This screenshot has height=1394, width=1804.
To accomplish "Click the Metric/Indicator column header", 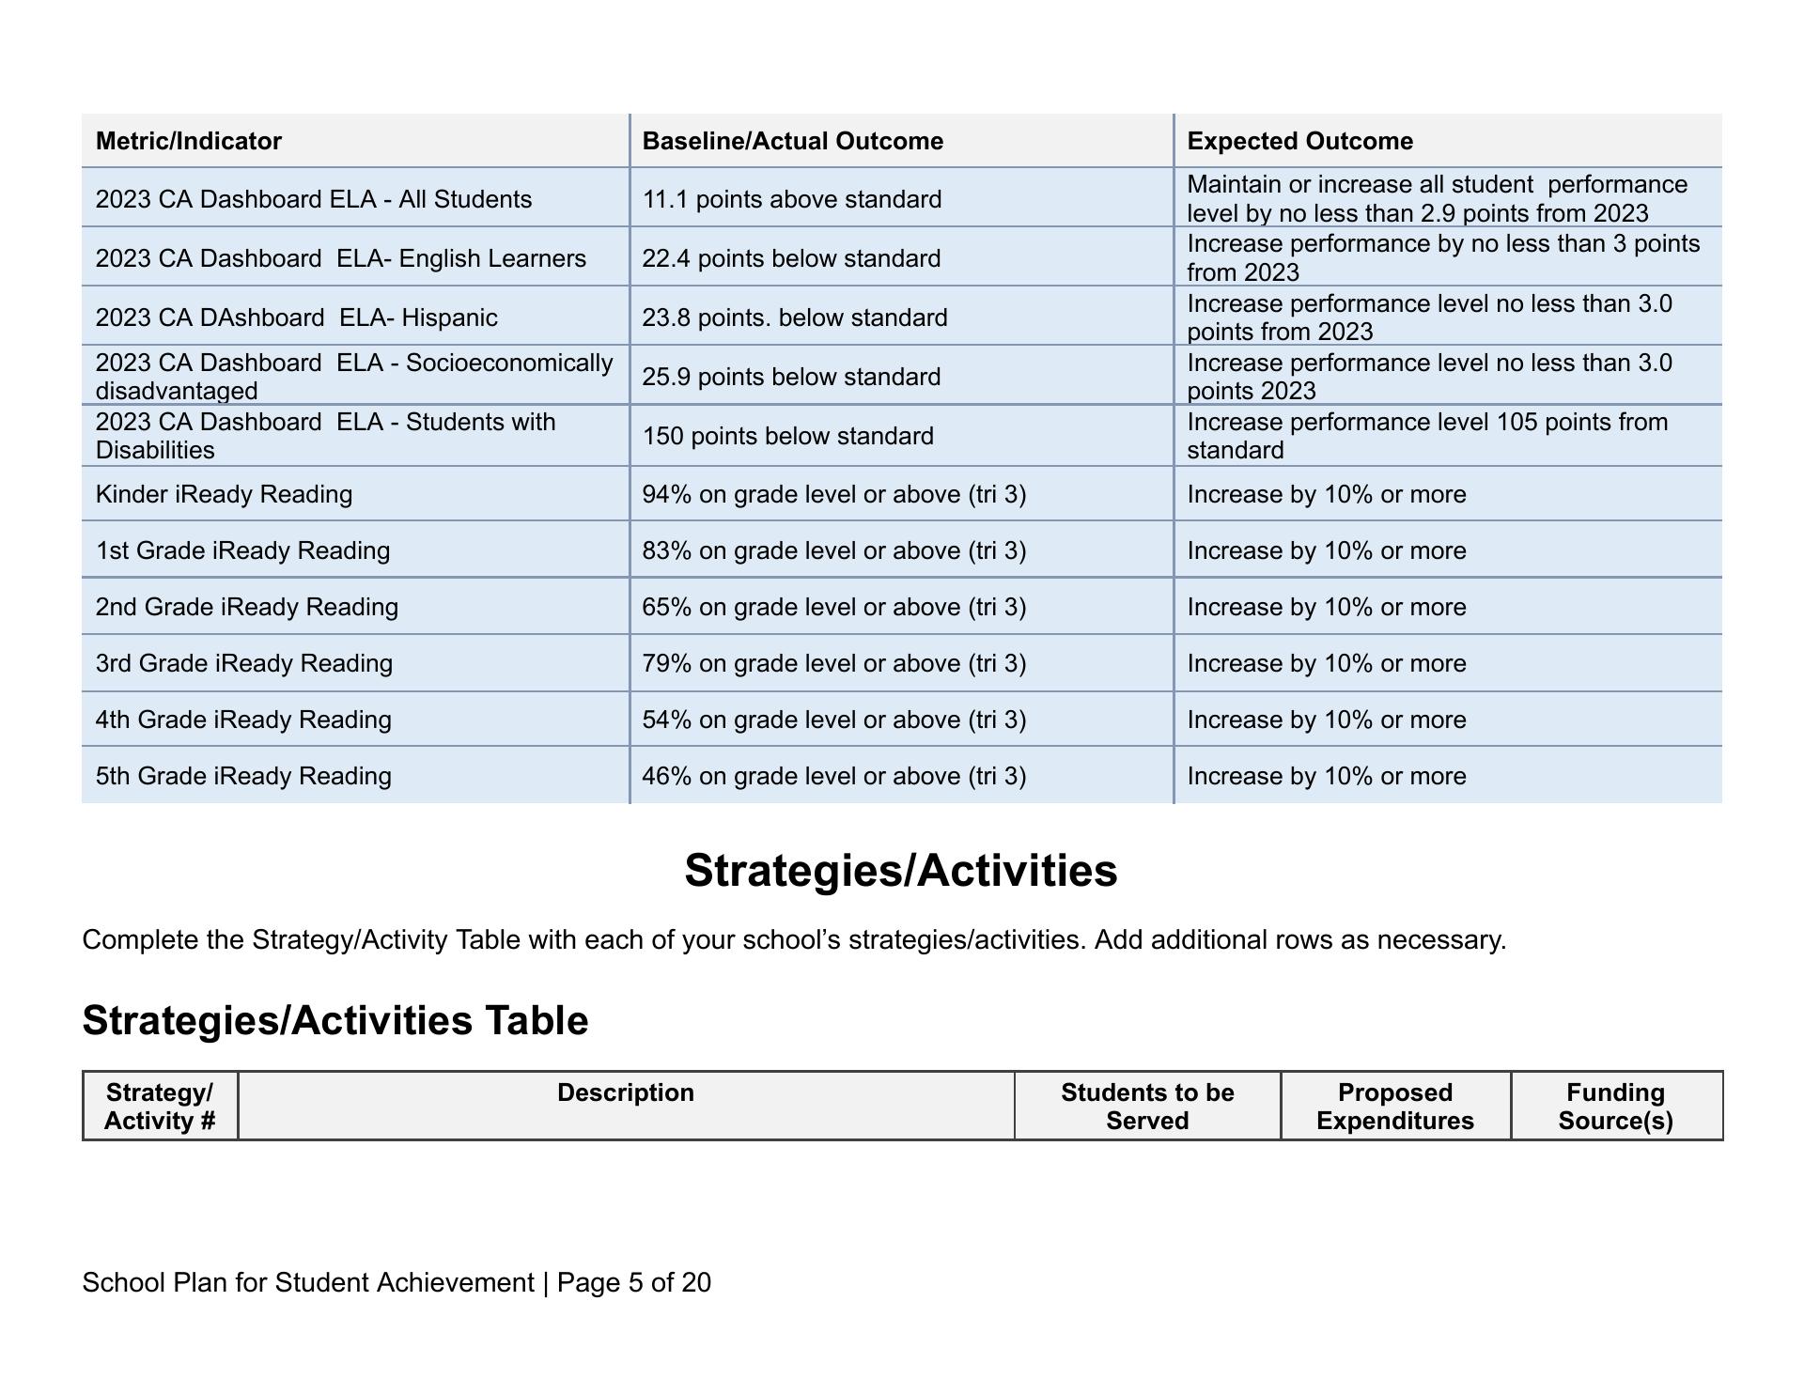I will pos(189,141).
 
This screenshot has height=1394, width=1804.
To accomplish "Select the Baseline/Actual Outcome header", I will pos(792,141).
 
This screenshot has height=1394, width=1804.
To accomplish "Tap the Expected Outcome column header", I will pos(1299,141).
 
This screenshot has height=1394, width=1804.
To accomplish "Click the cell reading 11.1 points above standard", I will pos(791,199).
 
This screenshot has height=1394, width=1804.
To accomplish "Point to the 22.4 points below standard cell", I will pos(791,258).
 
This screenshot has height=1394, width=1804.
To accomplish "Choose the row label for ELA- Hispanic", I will pos(296,318).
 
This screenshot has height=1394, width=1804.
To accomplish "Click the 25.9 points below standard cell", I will pos(791,377).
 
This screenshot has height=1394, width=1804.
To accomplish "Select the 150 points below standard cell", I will pos(787,436).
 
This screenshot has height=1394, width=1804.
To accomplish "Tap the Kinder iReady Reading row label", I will pos(224,494).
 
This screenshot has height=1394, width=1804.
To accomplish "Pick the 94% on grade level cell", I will pos(833,494).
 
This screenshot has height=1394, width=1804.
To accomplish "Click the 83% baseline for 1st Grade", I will pos(833,550).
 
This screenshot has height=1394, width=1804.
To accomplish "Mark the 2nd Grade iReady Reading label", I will pos(246,607).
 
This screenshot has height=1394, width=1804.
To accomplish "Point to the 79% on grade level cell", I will pos(833,663).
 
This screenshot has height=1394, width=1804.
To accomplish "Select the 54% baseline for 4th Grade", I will pos(833,720).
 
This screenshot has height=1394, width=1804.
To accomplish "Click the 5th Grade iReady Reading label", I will pos(243,776).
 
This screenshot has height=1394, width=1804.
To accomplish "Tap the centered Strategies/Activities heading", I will pos(900,870).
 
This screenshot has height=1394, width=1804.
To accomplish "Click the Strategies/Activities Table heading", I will pos(335,1020).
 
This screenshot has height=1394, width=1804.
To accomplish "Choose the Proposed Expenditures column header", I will pos(1394,1107).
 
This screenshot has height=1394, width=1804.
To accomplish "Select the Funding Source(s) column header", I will pos(1615,1107).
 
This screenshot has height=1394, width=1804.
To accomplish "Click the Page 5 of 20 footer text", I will pos(633,1282).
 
